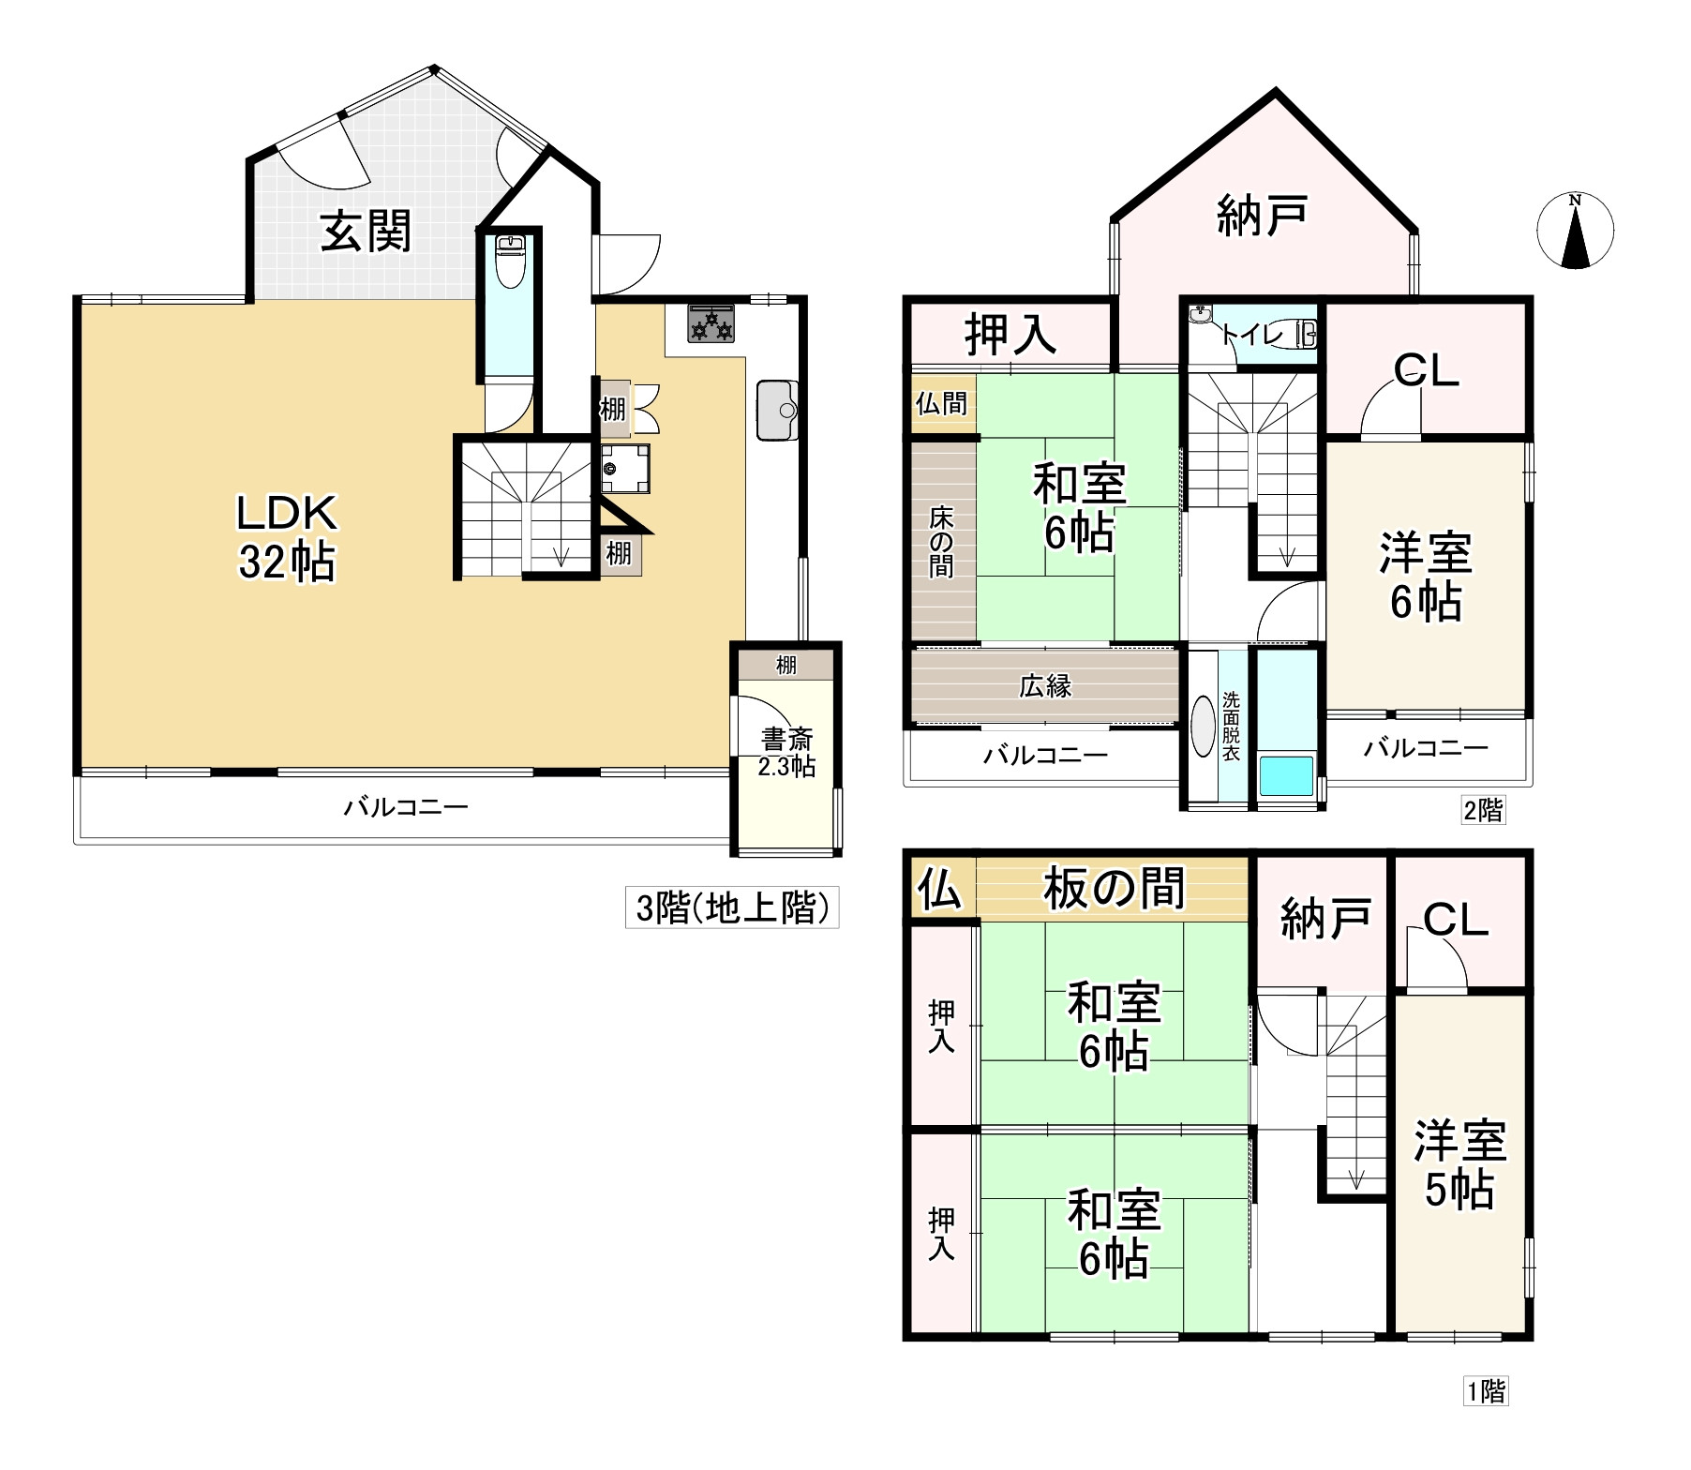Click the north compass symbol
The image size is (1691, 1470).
[1576, 230]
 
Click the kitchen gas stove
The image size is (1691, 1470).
[711, 323]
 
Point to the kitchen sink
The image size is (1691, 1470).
[777, 409]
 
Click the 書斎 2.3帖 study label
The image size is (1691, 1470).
[787, 752]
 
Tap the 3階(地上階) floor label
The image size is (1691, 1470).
[732, 907]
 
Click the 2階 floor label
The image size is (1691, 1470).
[1483, 810]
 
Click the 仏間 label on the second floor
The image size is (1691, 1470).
[942, 403]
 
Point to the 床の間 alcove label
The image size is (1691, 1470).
[941, 542]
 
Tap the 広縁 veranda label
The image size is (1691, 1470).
[1045, 685]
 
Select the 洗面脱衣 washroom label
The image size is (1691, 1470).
[1231, 727]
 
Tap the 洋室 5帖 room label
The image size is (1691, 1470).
[1459, 1165]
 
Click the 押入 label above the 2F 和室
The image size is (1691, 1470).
[1011, 334]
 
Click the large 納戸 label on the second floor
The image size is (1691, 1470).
[1262, 216]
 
